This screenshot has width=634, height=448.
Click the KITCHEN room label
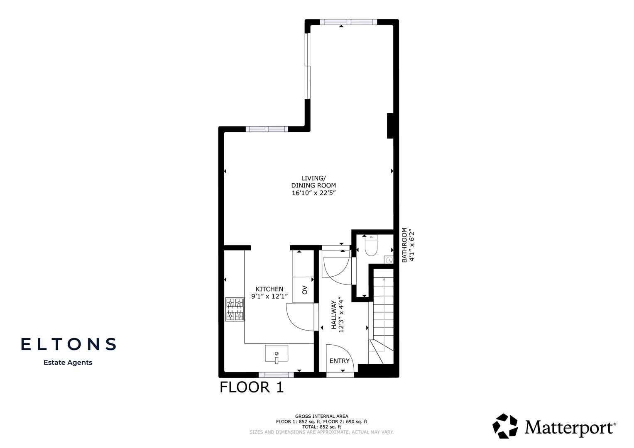click(x=269, y=289)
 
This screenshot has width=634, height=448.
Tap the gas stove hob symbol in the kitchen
click(x=235, y=309)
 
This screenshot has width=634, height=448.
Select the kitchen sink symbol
click(x=276, y=354)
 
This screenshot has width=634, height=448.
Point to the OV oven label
click(x=304, y=290)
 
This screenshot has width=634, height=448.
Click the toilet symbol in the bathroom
click(x=370, y=246)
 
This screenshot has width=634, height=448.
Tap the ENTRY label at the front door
click(x=339, y=361)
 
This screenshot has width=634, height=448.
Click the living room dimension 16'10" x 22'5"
click(x=313, y=193)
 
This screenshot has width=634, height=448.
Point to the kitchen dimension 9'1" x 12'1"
click(x=269, y=297)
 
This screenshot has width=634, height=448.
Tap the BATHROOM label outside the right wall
click(x=404, y=245)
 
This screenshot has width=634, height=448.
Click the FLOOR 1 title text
click(x=252, y=387)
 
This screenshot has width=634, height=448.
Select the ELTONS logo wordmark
click(x=69, y=344)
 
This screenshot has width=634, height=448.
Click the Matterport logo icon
click(x=505, y=426)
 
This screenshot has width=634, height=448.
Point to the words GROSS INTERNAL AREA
click(x=321, y=416)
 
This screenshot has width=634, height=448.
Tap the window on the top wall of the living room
click(x=349, y=22)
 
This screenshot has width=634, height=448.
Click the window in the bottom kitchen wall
click(x=276, y=375)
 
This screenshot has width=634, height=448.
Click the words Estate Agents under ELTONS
click(x=68, y=363)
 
